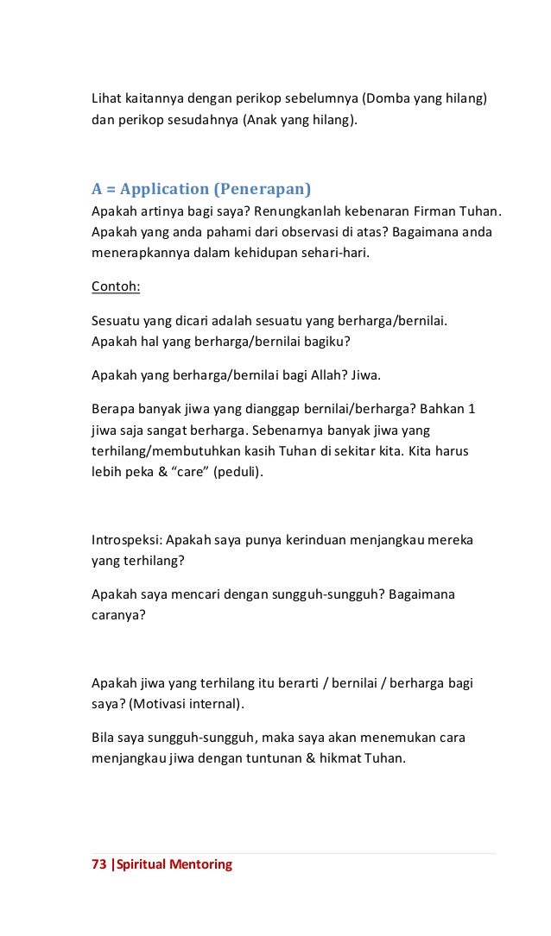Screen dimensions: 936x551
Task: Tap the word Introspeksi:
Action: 126,540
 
